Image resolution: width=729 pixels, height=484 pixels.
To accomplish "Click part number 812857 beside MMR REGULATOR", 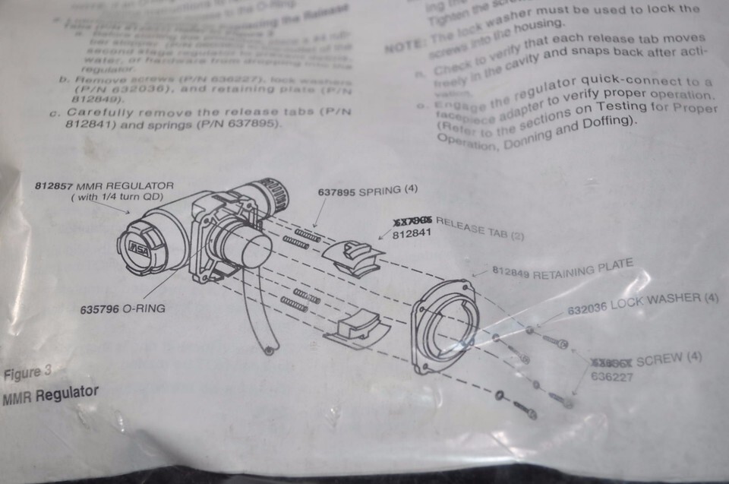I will click(54, 185).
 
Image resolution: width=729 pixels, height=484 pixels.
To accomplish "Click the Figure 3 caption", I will click(28, 373).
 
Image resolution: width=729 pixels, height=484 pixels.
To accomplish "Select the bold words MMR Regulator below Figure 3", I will click(51, 394).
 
